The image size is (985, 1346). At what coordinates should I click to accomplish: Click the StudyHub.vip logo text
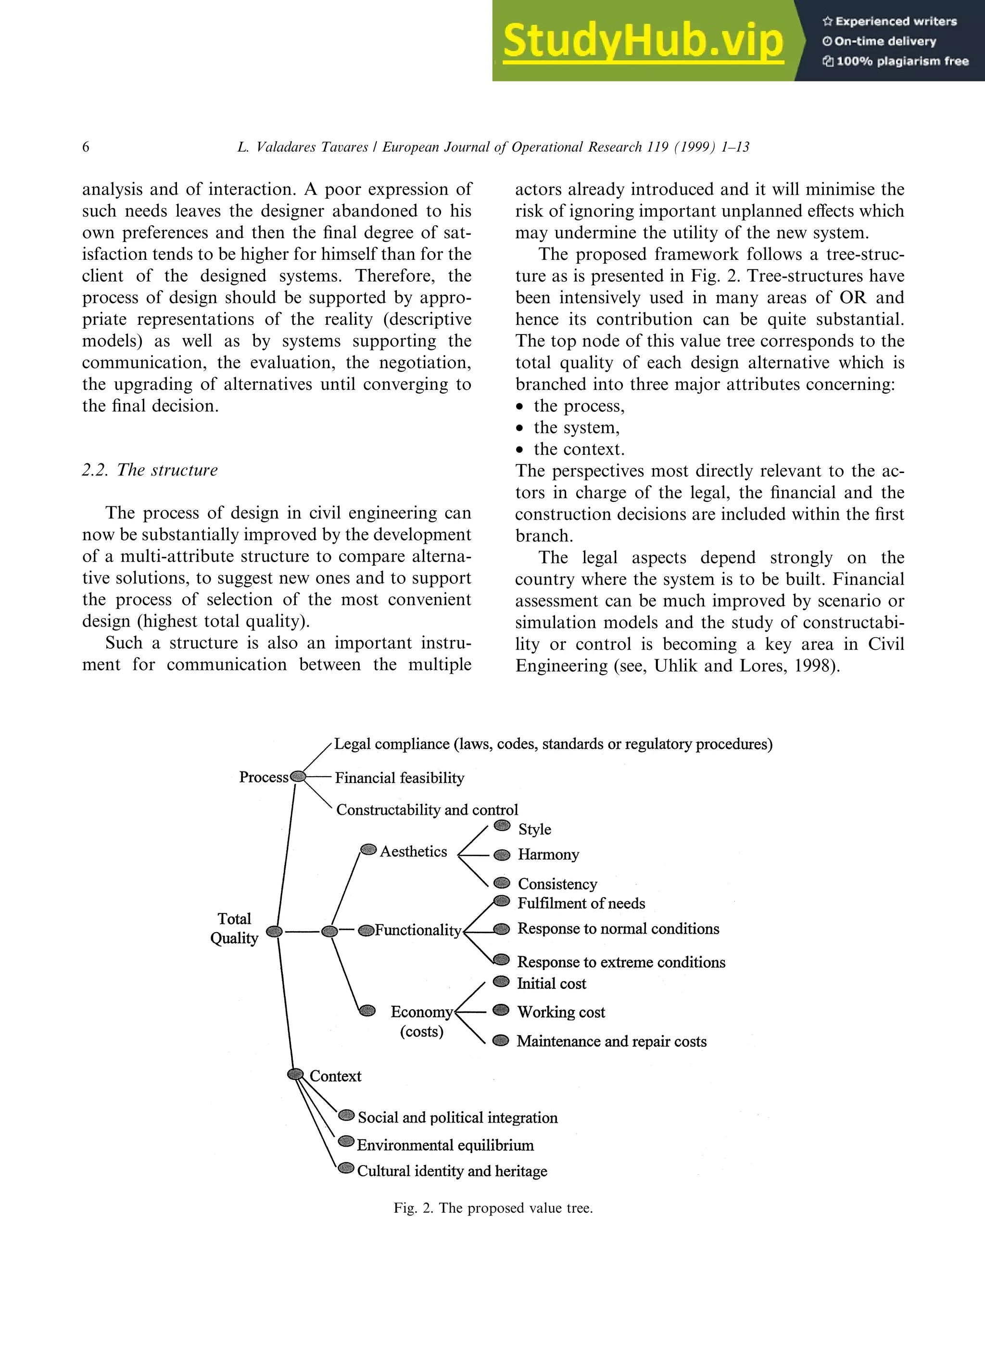[x=642, y=40]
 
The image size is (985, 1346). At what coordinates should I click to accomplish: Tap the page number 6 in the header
[x=86, y=147]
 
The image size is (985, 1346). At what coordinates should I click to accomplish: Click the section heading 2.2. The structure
[x=150, y=470]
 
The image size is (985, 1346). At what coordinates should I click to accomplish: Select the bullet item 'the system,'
[x=576, y=427]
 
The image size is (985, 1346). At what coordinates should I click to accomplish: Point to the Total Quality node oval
[x=274, y=931]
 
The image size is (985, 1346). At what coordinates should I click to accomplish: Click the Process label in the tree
[x=264, y=777]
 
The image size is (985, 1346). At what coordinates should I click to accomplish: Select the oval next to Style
[x=503, y=825]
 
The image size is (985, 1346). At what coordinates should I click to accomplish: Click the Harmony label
[x=548, y=854]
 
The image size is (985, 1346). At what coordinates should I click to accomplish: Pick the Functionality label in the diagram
[x=417, y=930]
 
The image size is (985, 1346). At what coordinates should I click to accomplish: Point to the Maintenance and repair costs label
[x=611, y=1041]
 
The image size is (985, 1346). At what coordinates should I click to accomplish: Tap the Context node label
[x=335, y=1076]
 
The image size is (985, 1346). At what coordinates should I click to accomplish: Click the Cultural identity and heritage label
[x=452, y=1170]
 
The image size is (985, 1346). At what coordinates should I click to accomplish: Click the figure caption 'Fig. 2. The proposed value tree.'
[x=492, y=1208]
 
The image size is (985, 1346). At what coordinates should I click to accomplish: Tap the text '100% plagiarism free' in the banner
[x=901, y=61]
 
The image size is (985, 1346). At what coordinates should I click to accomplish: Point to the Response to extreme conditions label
[x=621, y=962]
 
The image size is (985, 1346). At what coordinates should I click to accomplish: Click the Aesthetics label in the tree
[x=413, y=851]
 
